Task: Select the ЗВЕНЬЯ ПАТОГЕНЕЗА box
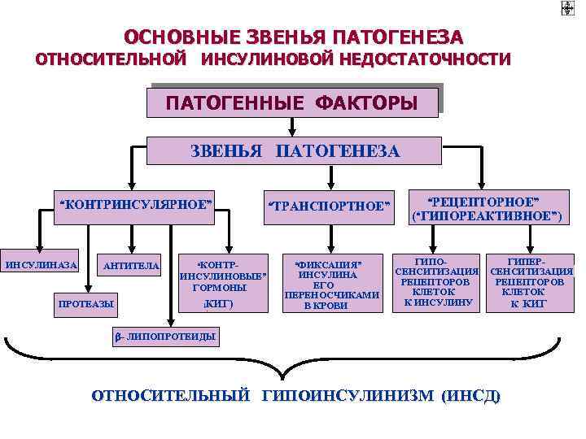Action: click(x=295, y=152)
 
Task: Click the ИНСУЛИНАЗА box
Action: click(x=42, y=265)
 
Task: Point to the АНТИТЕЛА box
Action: click(x=131, y=267)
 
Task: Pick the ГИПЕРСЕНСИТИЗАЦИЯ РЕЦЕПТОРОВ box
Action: click(x=532, y=280)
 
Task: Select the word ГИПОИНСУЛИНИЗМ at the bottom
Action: click(x=348, y=396)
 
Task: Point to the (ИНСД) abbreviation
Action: click(x=471, y=396)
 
